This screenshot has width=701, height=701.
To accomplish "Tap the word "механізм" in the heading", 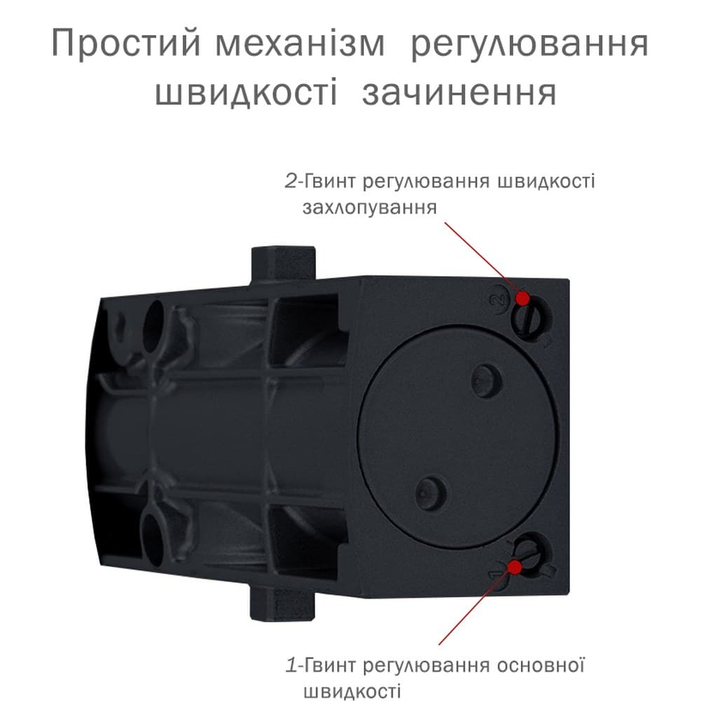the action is point(300,43).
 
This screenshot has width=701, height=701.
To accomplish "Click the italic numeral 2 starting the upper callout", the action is point(291,182).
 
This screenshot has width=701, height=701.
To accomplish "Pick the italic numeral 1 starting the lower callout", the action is point(292,666).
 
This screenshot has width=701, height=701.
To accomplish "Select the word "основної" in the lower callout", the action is point(540,666).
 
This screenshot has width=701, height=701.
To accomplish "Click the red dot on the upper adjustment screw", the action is point(523,298).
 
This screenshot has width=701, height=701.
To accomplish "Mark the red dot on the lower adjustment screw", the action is point(515,567).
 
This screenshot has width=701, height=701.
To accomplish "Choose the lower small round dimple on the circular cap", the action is point(430,493).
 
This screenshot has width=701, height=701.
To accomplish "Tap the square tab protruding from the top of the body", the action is point(283,265).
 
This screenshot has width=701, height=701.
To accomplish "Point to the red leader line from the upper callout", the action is point(482,259).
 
